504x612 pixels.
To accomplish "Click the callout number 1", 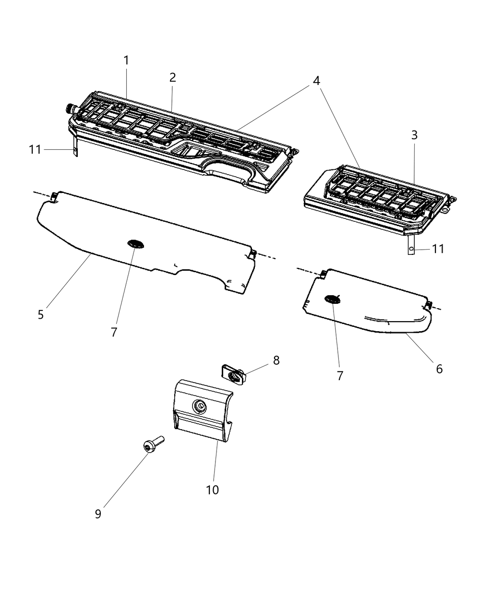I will pyautogui.click(x=126, y=60).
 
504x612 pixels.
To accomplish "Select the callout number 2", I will pyautogui.click(x=172, y=77).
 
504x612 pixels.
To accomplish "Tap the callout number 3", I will pyautogui.click(x=414, y=135).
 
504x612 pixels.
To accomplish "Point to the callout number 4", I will pyautogui.click(x=316, y=81).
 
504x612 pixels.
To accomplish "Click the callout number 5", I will pyautogui.click(x=41, y=315).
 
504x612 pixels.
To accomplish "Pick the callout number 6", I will pyautogui.click(x=439, y=369).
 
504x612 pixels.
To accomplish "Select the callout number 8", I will pyautogui.click(x=276, y=360).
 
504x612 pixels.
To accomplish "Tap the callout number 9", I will pyautogui.click(x=98, y=514).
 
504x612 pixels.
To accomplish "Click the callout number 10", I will pyautogui.click(x=212, y=490).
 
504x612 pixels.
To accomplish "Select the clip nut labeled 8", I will pyautogui.click(x=232, y=373).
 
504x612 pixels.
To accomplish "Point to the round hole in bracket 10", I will pyautogui.click(x=198, y=407).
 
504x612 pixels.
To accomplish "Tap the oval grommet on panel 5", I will pyautogui.click(x=135, y=244).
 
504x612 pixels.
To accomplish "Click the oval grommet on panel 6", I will pyautogui.click(x=332, y=299).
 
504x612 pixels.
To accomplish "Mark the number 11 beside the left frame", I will pyautogui.click(x=35, y=150).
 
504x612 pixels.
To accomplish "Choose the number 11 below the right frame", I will pyautogui.click(x=438, y=249).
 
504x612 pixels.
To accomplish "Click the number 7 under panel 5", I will pyautogui.click(x=114, y=332).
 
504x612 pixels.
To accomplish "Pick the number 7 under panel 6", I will pyautogui.click(x=340, y=376).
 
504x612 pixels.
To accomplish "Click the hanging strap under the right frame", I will pyautogui.click(x=411, y=245).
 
